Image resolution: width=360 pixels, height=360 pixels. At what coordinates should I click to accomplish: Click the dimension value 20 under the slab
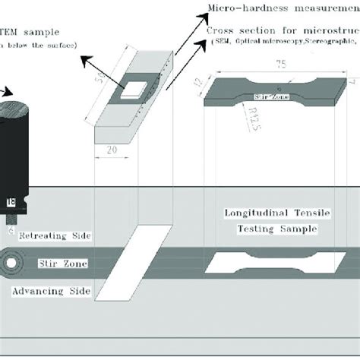[112, 151]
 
